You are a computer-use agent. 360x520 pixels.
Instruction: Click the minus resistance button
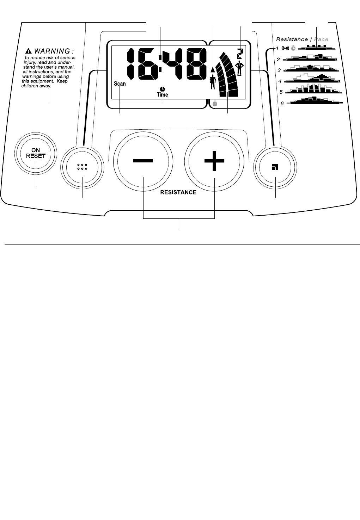(143, 161)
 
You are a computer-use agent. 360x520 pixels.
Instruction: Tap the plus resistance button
(214, 161)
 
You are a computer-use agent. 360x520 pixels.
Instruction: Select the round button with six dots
(82, 167)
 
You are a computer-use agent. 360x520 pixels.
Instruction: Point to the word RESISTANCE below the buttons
(178, 192)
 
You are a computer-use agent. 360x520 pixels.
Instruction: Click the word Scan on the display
(120, 84)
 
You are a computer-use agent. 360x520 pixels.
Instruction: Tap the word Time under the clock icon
(162, 95)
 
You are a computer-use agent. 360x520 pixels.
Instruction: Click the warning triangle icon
(29, 51)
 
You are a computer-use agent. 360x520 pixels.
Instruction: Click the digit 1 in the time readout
(130, 64)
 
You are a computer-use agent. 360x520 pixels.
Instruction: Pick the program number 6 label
(282, 104)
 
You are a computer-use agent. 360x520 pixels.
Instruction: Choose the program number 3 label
(279, 70)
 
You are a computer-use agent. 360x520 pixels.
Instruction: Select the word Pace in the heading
(321, 39)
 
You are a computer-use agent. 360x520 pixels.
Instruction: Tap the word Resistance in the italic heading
(292, 39)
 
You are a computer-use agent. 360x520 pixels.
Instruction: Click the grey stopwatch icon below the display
(215, 104)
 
